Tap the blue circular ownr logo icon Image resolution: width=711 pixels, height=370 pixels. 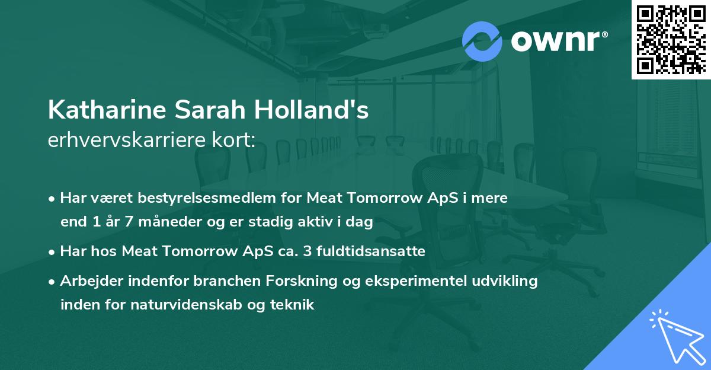pos(483,40)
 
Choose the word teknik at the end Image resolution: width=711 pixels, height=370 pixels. pos(294,305)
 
